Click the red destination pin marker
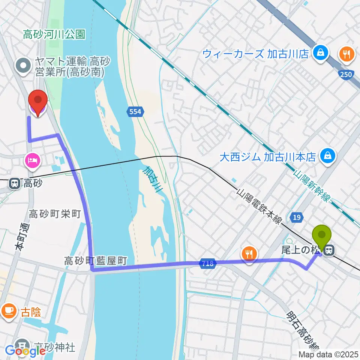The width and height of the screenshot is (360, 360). (38, 101)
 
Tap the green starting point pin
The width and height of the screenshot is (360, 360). (322, 235)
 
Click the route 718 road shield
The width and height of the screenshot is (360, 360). (207, 264)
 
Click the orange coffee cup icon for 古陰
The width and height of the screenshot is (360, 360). (9, 311)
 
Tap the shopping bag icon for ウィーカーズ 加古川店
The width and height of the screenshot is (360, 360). (321, 53)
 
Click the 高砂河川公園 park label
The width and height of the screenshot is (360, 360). (54, 35)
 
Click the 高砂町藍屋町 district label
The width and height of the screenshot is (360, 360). (96, 260)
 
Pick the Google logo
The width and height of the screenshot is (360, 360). (25, 351)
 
